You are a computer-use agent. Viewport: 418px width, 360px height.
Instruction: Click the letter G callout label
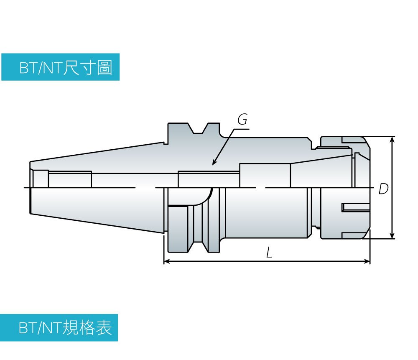click(x=242, y=120)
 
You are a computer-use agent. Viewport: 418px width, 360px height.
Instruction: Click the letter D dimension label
click(x=383, y=189)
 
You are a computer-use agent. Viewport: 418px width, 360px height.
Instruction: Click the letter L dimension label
click(x=269, y=252)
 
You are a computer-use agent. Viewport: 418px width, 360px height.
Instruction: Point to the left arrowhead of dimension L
click(x=166, y=261)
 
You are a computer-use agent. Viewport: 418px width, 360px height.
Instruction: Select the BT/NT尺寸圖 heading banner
click(x=60, y=67)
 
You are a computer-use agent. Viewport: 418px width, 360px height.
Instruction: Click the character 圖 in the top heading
click(x=104, y=67)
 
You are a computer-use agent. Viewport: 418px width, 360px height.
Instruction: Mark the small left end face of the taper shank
click(x=31, y=188)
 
